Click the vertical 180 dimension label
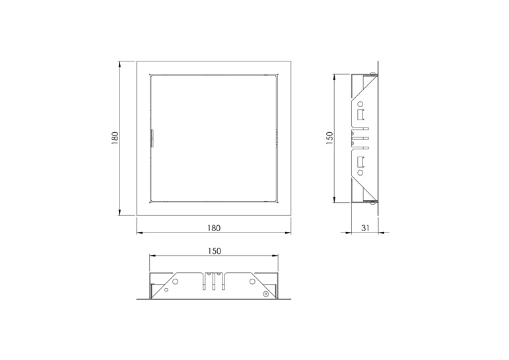click(x=115, y=138)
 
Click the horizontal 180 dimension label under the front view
click(x=214, y=228)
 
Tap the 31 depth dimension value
click(x=366, y=228)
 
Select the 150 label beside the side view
click(x=329, y=138)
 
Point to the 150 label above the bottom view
click(x=214, y=251)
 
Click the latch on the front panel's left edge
click(x=152, y=139)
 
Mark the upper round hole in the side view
click(x=360, y=104)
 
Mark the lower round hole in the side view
click(x=360, y=172)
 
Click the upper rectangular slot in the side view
click(x=360, y=115)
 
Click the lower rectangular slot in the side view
click(x=360, y=161)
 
